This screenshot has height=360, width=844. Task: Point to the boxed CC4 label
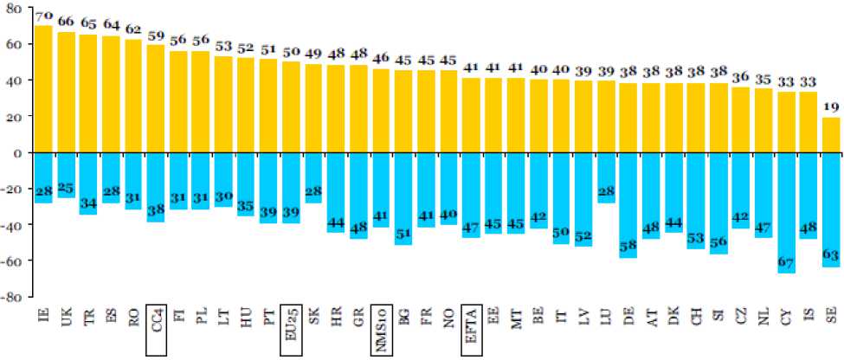tap(156, 330)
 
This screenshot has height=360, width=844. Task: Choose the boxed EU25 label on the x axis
tap(291, 331)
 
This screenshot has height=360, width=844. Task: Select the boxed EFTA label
tap(472, 330)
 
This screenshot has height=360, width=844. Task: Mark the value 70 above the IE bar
tap(43, 16)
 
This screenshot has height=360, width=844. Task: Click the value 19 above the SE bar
tap(830, 108)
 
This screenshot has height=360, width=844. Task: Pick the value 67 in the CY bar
tap(785, 263)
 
